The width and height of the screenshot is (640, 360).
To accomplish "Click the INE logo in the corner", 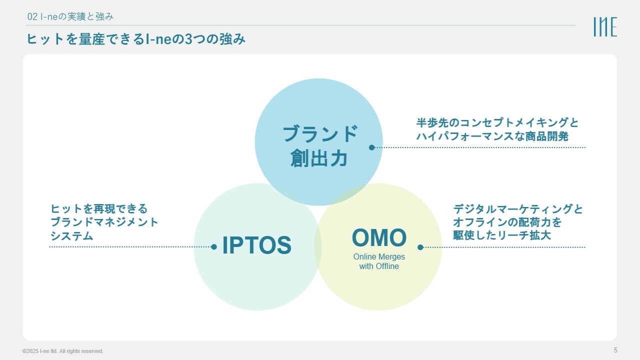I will (x=605, y=27).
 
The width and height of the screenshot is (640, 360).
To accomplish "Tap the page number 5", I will (x=615, y=349).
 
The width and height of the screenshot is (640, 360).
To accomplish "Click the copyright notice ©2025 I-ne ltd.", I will (x=62, y=351).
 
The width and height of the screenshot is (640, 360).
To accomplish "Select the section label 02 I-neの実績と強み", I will (x=70, y=16).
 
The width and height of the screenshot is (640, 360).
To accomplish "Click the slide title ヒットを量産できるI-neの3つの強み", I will (x=136, y=39).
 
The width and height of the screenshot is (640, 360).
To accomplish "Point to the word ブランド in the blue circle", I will (x=320, y=134).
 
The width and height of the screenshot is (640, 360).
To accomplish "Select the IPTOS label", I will (x=256, y=245).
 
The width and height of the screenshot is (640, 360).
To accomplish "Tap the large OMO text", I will (x=379, y=238).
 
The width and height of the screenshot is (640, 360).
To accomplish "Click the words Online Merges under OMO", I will (x=379, y=256).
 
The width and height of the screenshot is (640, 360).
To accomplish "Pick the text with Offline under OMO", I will (x=379, y=266).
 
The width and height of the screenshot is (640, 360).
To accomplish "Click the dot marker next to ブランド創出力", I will (x=371, y=147).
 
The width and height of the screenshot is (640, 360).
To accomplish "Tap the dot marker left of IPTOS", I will (x=214, y=246).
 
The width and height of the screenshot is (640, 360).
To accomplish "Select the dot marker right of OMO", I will (x=420, y=247).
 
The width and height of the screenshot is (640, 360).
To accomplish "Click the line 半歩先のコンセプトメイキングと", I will (x=497, y=123).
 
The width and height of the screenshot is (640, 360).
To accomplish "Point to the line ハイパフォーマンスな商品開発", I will (x=492, y=136).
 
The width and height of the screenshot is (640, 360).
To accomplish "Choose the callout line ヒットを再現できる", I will (x=99, y=208).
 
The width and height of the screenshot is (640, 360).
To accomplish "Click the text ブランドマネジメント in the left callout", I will (x=104, y=222).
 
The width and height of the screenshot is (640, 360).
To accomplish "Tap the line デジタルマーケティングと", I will (x=518, y=209).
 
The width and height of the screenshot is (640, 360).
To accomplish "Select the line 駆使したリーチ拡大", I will (x=502, y=235).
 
